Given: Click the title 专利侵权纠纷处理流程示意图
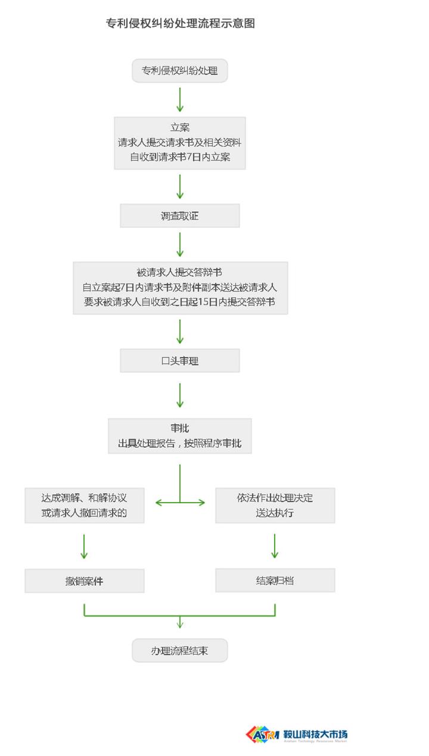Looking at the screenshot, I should (x=180, y=24).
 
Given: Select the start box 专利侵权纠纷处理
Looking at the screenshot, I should (x=179, y=71).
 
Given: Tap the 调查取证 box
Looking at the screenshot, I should (x=179, y=216).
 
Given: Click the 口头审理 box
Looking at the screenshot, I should (x=179, y=360).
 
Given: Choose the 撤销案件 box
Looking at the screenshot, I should (x=84, y=581).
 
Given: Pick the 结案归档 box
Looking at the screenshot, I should (x=275, y=581).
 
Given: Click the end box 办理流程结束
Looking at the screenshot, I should (x=179, y=651).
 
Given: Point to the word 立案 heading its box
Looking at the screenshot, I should (x=179, y=127).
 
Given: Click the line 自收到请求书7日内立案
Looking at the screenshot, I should (x=179, y=158).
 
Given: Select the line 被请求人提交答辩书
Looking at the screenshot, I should (x=179, y=272).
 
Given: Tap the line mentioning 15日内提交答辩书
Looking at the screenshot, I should (x=179, y=302).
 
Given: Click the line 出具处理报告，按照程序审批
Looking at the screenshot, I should (x=179, y=443).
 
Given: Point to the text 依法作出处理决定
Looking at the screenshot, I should (x=275, y=498).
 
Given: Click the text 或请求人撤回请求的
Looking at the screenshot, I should (x=84, y=513).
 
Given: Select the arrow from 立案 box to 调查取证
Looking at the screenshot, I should (x=179, y=187).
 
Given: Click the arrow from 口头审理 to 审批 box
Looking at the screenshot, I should (x=179, y=396).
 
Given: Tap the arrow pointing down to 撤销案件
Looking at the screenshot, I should (x=84, y=546).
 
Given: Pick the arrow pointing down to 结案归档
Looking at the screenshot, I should (x=275, y=546).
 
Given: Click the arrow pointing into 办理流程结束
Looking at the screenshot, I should (x=179, y=622).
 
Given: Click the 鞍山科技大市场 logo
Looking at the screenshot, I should (x=296, y=734).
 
